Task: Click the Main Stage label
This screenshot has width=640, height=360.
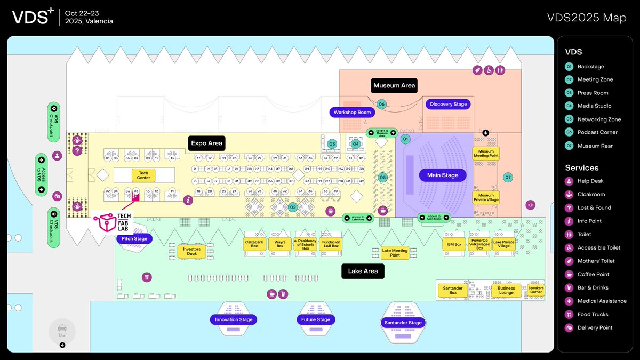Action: tap(442, 175)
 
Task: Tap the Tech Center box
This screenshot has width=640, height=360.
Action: tap(143, 175)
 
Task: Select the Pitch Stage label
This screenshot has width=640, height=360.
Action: tap(134, 239)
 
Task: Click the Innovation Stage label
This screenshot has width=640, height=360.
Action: tap(234, 320)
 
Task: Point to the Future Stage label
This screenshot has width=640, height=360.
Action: tap(316, 320)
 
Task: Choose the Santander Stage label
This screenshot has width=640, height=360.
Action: tap(403, 323)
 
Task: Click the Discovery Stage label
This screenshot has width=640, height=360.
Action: tap(449, 105)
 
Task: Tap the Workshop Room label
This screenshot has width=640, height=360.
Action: tap(352, 113)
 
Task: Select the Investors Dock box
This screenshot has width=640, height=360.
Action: tap(191, 251)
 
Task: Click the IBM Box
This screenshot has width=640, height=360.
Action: tap(454, 244)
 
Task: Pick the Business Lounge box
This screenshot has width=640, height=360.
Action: tap(506, 290)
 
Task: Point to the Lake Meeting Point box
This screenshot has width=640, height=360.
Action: tap(395, 253)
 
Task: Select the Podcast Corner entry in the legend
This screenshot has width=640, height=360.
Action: tap(597, 132)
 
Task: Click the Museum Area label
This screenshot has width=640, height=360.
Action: tap(394, 85)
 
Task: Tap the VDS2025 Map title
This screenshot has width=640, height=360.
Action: tap(587, 18)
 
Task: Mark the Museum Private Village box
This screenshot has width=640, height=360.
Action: tap(486, 197)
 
